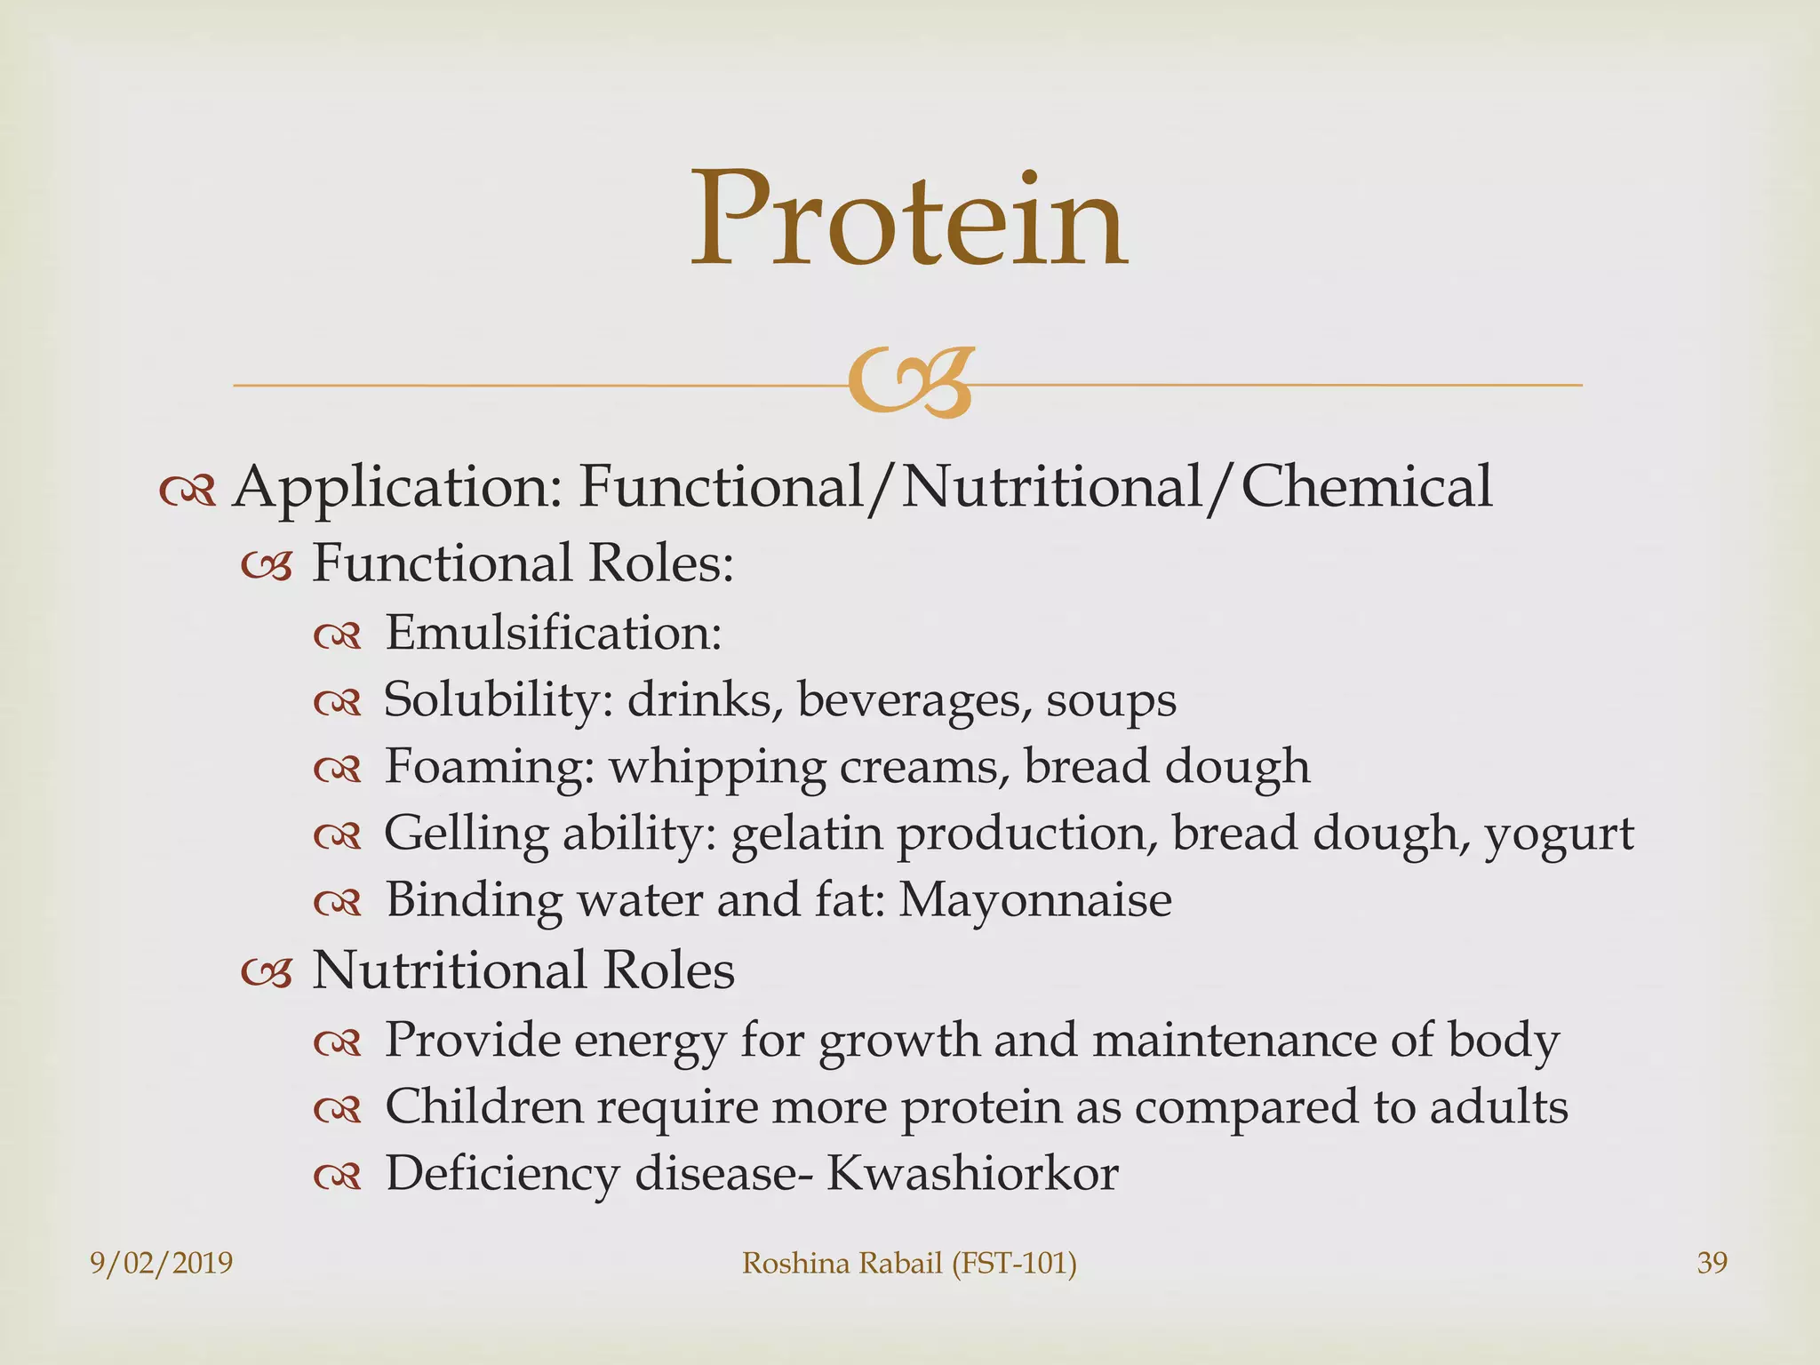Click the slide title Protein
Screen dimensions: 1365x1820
909,220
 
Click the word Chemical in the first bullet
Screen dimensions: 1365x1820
1366,487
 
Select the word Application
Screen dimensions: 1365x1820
396,489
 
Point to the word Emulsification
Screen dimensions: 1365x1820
552,633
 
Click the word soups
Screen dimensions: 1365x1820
1111,700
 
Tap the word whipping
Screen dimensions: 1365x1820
716,768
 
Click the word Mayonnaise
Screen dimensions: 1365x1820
1034,900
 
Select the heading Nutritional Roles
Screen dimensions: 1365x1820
523,970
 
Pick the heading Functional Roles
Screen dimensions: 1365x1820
523,563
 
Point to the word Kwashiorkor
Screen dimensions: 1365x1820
972,1173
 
